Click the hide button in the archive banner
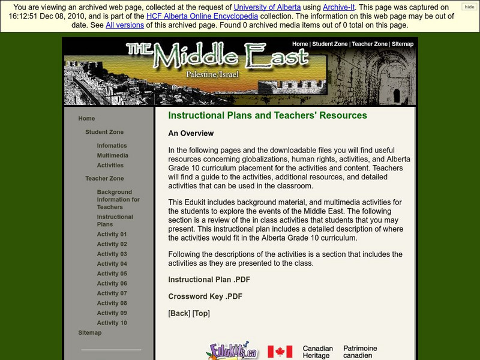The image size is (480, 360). (x=469, y=7)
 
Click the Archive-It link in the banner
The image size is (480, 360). (x=339, y=7)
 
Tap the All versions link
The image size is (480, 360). (x=124, y=25)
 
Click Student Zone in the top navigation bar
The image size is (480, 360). (x=330, y=44)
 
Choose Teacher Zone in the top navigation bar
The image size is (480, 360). (x=370, y=44)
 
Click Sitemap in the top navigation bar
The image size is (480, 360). (x=403, y=44)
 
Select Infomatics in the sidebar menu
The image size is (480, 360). (x=112, y=145)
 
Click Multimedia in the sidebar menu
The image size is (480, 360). (x=112, y=155)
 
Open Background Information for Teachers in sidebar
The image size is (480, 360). (x=118, y=199)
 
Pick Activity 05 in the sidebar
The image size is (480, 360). (x=112, y=274)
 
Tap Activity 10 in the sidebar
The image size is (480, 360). (x=112, y=323)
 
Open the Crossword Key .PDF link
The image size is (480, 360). (x=205, y=296)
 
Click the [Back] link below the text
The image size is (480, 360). (x=179, y=313)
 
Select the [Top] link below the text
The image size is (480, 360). (x=201, y=313)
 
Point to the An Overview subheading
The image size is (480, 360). (x=191, y=133)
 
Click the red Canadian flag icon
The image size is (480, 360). (x=280, y=352)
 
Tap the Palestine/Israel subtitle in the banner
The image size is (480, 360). (x=212, y=74)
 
